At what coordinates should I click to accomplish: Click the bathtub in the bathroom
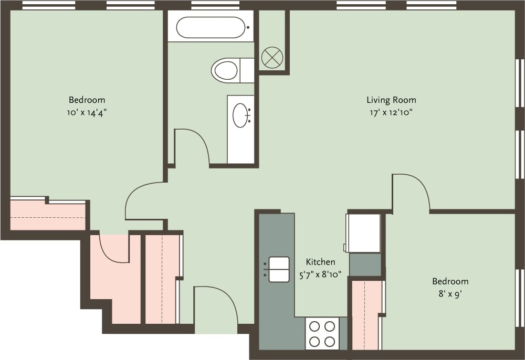pyautogui.click(x=210, y=27)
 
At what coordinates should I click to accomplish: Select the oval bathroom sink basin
pyautogui.click(x=241, y=115)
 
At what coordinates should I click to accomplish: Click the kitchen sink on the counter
pyautogui.click(x=279, y=269)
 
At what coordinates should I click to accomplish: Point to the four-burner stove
pyautogui.click(x=322, y=334)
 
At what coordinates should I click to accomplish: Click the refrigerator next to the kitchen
pyautogui.click(x=363, y=232)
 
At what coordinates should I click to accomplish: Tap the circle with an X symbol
pyautogui.click(x=272, y=57)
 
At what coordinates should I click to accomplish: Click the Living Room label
pyautogui.click(x=391, y=100)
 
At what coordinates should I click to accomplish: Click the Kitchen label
pyautogui.click(x=320, y=262)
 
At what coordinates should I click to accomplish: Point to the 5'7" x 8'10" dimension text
pyautogui.click(x=320, y=273)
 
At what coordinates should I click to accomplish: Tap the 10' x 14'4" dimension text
pyautogui.click(x=87, y=112)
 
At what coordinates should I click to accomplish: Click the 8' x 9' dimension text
pyautogui.click(x=450, y=294)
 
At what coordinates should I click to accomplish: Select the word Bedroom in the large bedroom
pyautogui.click(x=87, y=100)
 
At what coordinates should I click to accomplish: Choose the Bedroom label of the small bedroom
pyautogui.click(x=450, y=282)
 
